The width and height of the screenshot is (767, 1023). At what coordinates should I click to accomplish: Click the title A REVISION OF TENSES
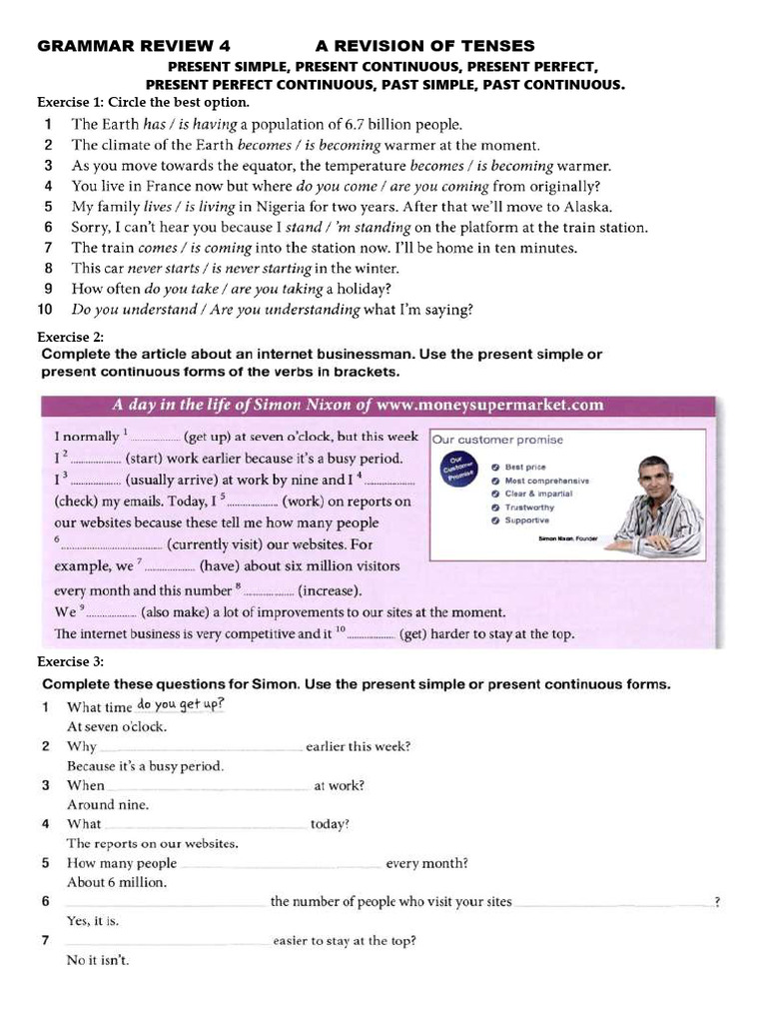click(424, 46)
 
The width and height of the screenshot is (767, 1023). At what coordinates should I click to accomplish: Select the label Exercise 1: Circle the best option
click(143, 103)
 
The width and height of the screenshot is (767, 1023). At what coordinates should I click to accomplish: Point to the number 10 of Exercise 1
click(45, 310)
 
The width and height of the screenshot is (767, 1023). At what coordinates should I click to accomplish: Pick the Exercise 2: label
click(70, 338)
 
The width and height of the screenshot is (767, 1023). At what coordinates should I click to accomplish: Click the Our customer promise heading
click(497, 440)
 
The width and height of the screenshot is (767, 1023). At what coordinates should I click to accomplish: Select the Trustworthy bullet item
click(529, 508)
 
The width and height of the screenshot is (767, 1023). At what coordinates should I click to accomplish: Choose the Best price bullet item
click(525, 467)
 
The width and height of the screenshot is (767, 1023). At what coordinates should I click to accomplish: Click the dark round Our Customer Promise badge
click(458, 471)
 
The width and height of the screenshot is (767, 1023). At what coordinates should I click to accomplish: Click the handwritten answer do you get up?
click(181, 704)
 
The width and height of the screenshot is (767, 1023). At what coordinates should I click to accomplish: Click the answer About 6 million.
click(117, 882)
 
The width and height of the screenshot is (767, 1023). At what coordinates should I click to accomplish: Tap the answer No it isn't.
click(98, 960)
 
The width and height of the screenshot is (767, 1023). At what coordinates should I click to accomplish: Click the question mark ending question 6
click(717, 903)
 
